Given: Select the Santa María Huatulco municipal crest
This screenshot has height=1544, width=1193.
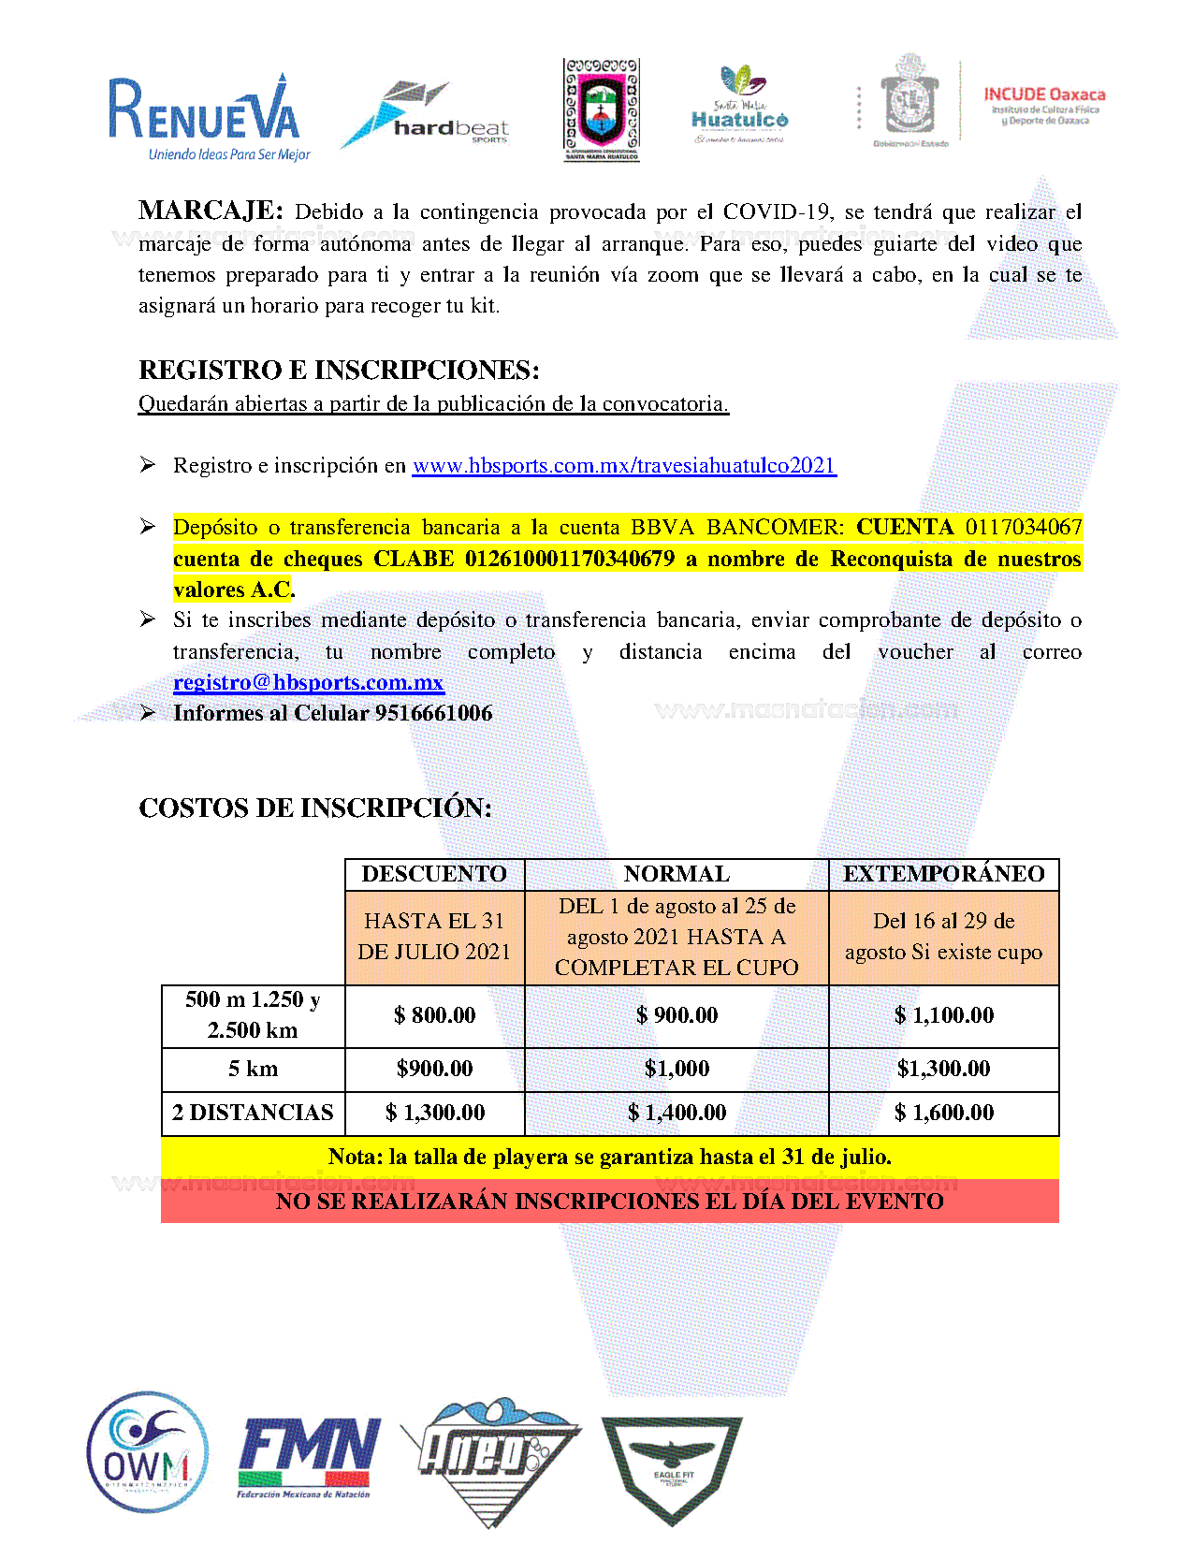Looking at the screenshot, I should (601, 109).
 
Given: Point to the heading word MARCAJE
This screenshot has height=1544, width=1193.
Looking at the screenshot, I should (210, 211).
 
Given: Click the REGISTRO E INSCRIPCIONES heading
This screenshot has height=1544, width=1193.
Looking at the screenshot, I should (339, 371).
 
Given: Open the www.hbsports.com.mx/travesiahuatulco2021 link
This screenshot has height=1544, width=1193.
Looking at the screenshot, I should (624, 466).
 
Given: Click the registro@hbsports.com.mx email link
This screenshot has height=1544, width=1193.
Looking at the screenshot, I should (309, 682).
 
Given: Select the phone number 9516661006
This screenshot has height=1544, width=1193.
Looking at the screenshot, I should (433, 713).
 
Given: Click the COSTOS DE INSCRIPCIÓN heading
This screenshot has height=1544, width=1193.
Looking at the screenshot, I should (315, 808).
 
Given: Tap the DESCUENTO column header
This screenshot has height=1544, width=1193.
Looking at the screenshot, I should (434, 874).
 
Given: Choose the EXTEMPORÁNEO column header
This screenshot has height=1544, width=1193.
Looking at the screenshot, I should (943, 874).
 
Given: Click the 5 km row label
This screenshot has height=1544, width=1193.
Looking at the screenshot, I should (253, 1069).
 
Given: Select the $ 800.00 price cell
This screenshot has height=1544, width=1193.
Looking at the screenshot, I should (434, 1015).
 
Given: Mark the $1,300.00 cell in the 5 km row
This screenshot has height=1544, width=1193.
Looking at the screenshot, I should (943, 1069).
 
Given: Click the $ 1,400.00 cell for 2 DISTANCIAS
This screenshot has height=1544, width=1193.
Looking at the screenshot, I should (677, 1113).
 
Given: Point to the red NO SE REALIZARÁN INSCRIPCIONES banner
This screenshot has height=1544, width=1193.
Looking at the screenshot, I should (609, 1202).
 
